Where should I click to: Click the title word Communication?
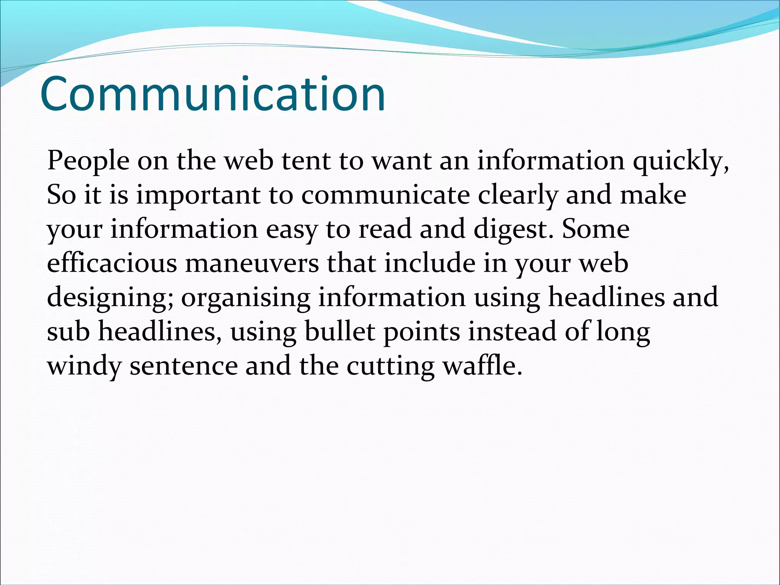pos(213,94)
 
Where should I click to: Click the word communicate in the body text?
pos(385,195)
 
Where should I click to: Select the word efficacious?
pos(112,263)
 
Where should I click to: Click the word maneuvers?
pos(252,263)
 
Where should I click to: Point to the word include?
pos(430,263)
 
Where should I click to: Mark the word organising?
pos(246,298)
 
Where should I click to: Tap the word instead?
pos(512,332)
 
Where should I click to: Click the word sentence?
pos(184,366)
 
